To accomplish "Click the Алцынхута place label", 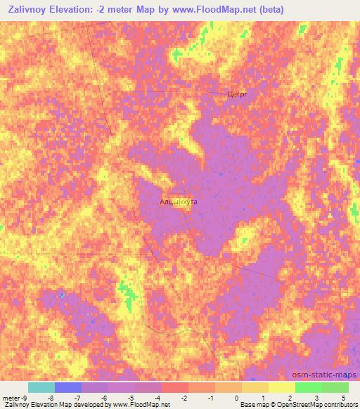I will tap(179, 202).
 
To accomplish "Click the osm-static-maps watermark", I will tap(325, 375).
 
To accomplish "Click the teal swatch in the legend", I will tap(41, 387).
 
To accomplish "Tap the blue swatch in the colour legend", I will tap(68, 387).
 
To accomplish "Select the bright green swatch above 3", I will tap(308, 387).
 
